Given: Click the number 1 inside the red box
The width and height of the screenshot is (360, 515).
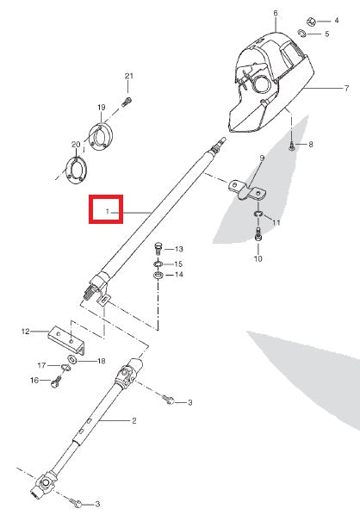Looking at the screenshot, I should coord(108,210).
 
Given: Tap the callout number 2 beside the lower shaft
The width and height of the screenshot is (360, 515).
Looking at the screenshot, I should coord(133,421).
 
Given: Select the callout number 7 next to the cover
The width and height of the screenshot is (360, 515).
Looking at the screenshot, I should coord(345,88).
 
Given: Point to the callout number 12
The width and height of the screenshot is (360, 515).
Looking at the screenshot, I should coord(26,331).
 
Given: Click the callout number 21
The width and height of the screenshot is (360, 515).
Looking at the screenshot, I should coord(128,77).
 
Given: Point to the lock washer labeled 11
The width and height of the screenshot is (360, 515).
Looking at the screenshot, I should coord(258,214).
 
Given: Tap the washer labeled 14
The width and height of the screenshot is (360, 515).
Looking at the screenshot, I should coord(158,276).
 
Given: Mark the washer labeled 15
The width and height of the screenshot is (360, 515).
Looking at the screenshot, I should coord(158,263).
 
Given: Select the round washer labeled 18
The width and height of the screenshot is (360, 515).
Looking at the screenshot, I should coord(72,360).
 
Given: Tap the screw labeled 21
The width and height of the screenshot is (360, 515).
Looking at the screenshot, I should coord(127,102).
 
